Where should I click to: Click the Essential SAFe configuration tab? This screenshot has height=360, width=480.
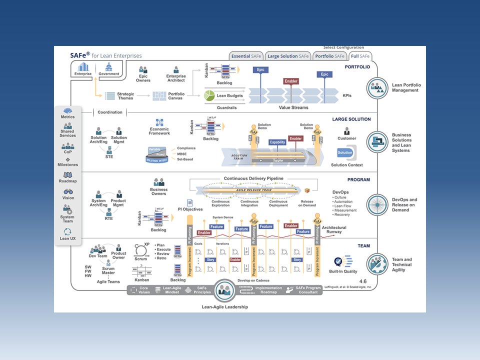[x=246, y=56]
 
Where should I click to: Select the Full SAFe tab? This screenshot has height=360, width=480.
[x=360, y=56]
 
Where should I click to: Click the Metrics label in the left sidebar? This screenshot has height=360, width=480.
[x=67, y=117]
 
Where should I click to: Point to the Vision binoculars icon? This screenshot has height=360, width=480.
[x=68, y=191]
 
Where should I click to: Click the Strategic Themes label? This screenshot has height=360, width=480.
[x=125, y=96]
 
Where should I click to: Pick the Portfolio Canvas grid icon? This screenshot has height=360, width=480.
[x=159, y=95]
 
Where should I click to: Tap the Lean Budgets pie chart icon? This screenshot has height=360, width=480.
[x=209, y=95]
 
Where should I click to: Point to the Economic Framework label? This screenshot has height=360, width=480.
[x=159, y=131]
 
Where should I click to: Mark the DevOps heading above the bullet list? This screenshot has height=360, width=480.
[x=340, y=192]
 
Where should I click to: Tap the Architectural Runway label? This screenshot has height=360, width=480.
[x=334, y=229]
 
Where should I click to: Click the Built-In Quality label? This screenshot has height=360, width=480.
[x=343, y=271]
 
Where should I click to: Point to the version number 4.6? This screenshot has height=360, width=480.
[x=363, y=281]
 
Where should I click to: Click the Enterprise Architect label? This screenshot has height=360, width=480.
[x=176, y=78]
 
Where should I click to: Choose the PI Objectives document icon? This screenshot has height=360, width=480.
[x=190, y=203]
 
